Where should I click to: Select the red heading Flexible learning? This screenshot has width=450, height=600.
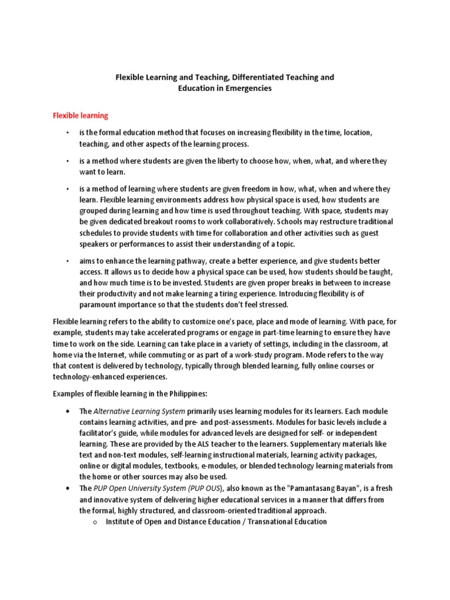(80, 116)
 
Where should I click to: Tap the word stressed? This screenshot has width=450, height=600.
(274, 305)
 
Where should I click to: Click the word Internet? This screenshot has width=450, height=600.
(116, 355)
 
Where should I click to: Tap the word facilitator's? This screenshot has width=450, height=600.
(101, 433)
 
